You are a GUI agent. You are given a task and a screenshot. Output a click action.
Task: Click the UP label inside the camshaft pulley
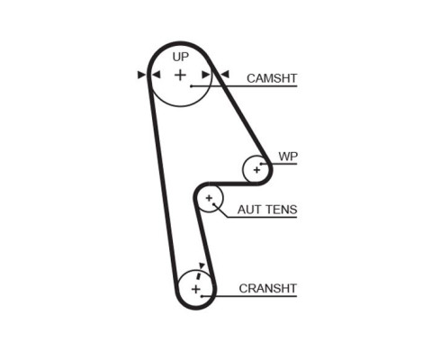click(181, 57)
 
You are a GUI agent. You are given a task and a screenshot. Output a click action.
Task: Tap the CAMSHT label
click(272, 78)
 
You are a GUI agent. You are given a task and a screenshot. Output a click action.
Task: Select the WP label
click(288, 157)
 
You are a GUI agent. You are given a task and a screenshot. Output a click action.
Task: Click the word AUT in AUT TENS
click(248, 210)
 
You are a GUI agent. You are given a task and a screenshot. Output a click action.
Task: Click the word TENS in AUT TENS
click(280, 210)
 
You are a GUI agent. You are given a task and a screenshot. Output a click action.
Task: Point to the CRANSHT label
click(268, 288)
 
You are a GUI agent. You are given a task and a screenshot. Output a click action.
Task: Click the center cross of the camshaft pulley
click(180, 75)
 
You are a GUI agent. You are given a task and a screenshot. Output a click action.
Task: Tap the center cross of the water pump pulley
click(256, 170)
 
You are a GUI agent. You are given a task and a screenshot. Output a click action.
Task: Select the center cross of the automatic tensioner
click(209, 198)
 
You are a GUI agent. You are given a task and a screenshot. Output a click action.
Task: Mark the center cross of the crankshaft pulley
click(195, 290)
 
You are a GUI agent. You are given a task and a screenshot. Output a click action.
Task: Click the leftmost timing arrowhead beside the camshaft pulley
click(141, 75)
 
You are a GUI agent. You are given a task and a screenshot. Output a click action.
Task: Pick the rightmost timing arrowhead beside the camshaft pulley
click(225, 74)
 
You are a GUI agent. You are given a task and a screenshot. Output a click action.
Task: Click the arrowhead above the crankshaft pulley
click(202, 265)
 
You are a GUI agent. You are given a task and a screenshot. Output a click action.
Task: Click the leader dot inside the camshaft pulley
click(191, 86)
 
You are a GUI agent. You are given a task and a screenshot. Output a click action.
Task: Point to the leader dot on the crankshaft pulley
click(202, 296)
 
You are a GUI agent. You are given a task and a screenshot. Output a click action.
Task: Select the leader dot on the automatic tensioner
click(214, 204)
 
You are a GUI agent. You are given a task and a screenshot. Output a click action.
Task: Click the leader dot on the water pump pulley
click(261, 164)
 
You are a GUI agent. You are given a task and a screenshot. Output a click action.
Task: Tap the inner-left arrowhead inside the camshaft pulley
click(157, 75)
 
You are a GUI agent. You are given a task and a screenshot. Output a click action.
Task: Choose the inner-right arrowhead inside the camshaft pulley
click(206, 75)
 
